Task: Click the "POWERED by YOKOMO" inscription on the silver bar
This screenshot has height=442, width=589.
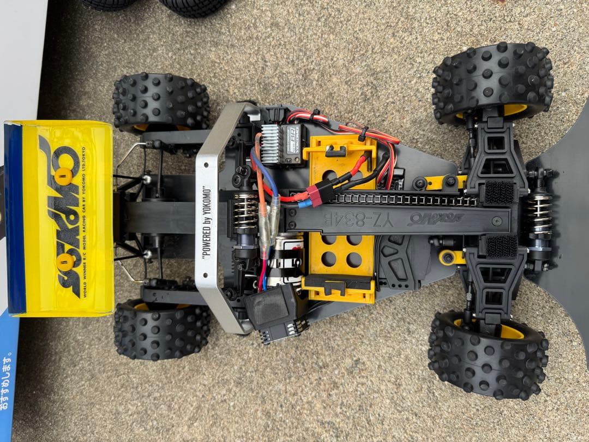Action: [x=206, y=219]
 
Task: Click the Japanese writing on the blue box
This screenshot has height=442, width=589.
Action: [x=5, y=382]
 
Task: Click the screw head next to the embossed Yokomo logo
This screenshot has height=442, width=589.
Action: [x=496, y=221]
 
